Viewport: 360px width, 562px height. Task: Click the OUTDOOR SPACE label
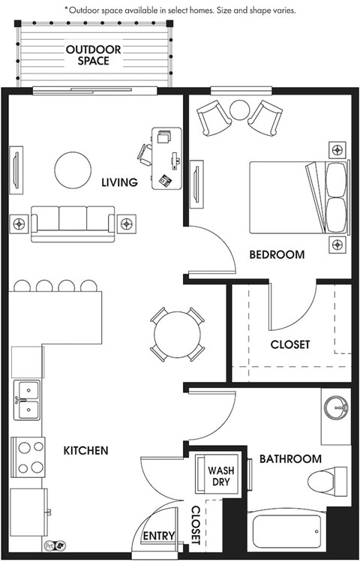point(94,55)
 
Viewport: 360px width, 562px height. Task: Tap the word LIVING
point(120,182)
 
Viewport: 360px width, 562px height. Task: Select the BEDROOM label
point(277,254)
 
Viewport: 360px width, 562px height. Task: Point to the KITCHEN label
point(86,450)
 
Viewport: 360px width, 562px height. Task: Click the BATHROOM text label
point(290,458)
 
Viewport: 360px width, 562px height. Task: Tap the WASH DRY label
point(221,476)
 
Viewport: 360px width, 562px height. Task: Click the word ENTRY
point(159,536)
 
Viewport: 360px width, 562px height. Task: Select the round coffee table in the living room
point(73,170)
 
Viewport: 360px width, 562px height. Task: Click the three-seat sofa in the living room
point(73,224)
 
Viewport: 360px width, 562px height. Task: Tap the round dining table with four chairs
point(177,335)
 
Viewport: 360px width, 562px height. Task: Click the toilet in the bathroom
point(328,482)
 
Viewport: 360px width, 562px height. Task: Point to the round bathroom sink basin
point(336,407)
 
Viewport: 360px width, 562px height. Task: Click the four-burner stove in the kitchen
point(28,457)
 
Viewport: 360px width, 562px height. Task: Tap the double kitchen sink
point(27,400)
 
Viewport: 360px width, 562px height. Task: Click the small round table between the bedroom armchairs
point(239,110)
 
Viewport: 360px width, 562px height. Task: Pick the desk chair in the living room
point(145,155)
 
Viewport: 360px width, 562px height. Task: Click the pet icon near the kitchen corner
point(55,545)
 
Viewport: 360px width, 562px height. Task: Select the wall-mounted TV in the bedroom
point(196,185)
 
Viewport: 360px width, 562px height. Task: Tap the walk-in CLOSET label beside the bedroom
point(289,344)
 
